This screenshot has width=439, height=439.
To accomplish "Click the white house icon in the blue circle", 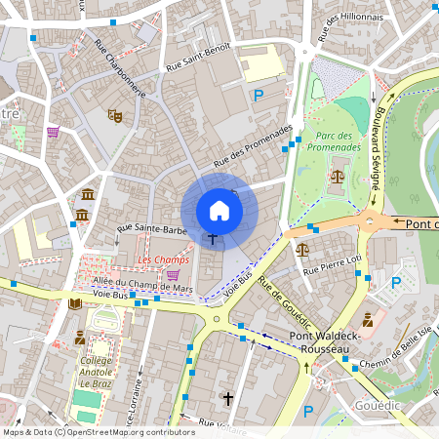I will point(219,211).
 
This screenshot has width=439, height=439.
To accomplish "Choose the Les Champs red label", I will point(163,259).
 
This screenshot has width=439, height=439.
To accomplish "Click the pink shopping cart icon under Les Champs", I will point(173,276).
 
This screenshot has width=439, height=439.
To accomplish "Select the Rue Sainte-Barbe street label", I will point(151,230).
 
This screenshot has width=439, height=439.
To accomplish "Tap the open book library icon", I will point(76,304).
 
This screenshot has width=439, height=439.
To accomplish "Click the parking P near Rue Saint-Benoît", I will point(259,95).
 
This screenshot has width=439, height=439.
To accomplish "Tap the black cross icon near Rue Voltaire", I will point(228,399).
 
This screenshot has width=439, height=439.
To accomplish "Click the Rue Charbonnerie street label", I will point(119,67).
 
